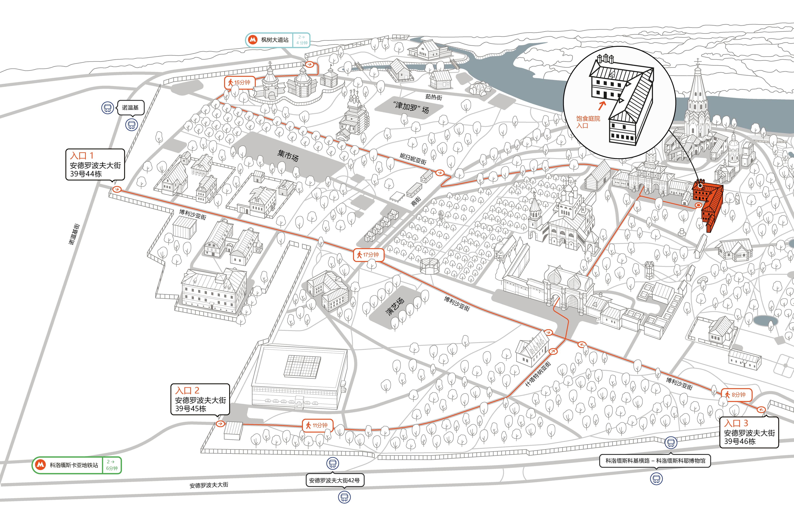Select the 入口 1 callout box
pyautogui.click(x=95, y=164)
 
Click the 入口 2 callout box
pyautogui.click(x=200, y=399)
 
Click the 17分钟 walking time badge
pyautogui.click(x=368, y=255)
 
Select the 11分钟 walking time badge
pyautogui.click(x=317, y=425)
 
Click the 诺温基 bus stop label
pyautogui.click(x=130, y=108)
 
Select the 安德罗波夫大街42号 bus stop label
pyautogui.click(x=335, y=480)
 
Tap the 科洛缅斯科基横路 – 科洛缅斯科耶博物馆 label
pyautogui.click(x=655, y=461)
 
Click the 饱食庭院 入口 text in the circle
pyautogui.click(x=588, y=122)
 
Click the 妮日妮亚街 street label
pyautogui.click(x=413, y=158)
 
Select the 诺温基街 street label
pyautogui.click(x=74, y=234)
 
